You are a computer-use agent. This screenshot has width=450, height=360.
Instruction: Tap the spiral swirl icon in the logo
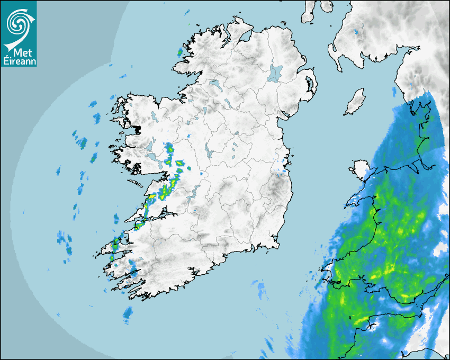(18, 21)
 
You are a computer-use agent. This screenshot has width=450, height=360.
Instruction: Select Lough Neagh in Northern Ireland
(275, 73)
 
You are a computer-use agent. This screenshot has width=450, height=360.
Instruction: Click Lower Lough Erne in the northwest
(215, 84)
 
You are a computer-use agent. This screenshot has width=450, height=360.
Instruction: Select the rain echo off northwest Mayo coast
(180, 52)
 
